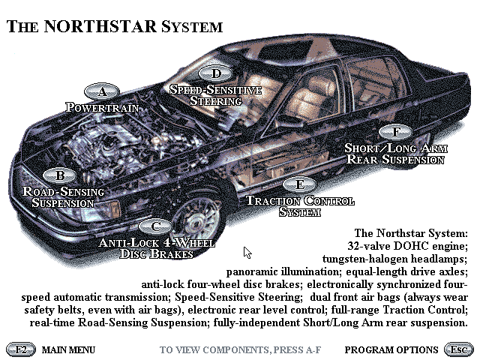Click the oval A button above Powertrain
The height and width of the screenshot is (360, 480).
[x=103, y=92]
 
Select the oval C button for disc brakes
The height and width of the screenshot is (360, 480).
[x=155, y=226]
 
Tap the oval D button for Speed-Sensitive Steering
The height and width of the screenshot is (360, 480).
[x=216, y=73]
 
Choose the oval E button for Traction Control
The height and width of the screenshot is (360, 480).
[x=299, y=184]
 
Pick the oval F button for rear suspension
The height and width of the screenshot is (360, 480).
[x=395, y=132]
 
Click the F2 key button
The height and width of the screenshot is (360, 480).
[x=21, y=349]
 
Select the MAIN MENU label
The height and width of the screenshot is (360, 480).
[x=68, y=349]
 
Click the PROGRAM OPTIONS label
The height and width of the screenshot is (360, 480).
[x=391, y=349]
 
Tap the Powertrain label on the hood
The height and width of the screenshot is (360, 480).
[x=102, y=107]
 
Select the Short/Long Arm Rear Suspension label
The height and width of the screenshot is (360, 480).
[x=395, y=153]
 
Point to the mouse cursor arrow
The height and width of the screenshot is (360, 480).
[x=247, y=253]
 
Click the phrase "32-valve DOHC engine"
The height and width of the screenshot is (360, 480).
[x=408, y=246]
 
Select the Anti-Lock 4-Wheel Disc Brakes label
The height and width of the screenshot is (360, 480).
[x=157, y=248]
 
